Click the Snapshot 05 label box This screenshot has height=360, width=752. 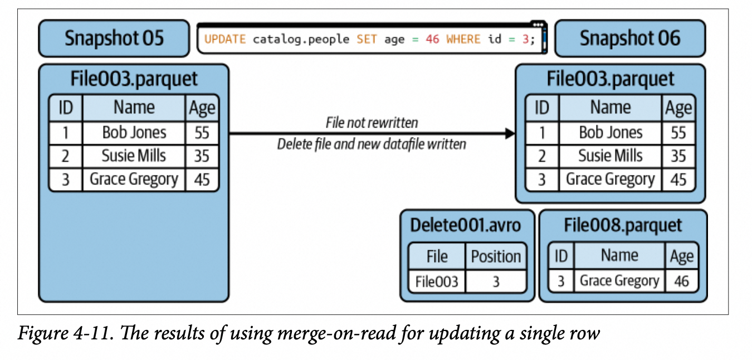[x=114, y=38]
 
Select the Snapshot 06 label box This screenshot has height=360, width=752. [x=629, y=38]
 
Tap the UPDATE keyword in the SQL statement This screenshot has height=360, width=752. [x=224, y=40]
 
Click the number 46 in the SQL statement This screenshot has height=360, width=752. [x=432, y=40]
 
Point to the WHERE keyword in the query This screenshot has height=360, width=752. [x=463, y=40]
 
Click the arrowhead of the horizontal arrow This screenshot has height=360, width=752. [x=509, y=133]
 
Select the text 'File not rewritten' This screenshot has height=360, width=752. [x=372, y=122]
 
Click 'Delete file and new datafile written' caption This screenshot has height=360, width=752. [x=372, y=144]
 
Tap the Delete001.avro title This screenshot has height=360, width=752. [x=466, y=225]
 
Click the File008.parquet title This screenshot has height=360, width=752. [x=623, y=225]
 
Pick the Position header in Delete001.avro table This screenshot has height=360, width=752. [x=496, y=256]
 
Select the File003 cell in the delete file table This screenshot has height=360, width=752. [x=437, y=281]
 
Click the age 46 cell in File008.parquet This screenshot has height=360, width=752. [x=681, y=281]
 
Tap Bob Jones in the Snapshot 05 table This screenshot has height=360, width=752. [x=134, y=133]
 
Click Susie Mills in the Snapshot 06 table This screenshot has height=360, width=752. [x=611, y=155]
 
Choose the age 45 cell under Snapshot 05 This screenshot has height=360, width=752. [x=202, y=179]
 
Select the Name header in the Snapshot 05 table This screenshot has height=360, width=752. [x=134, y=108]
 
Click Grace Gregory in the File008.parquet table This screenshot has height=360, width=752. [x=619, y=281]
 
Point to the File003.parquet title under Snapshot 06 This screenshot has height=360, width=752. [x=610, y=79]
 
